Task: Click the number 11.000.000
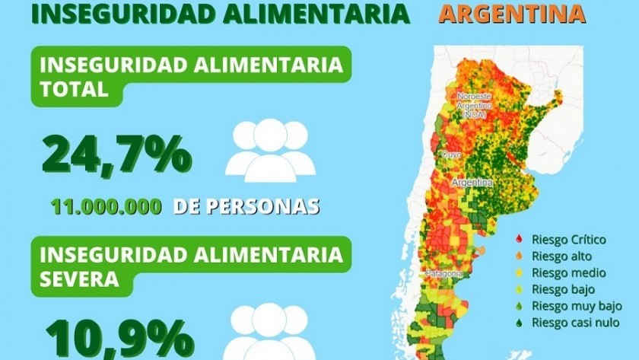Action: click(x=106, y=206)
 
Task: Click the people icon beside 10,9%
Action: click(x=271, y=332)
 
